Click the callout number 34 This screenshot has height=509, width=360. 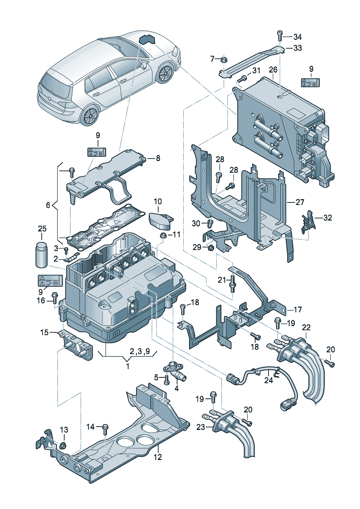pyautogui.click(x=298, y=37)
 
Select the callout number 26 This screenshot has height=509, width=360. pyautogui.click(x=273, y=70)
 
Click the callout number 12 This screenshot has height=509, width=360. pyautogui.click(x=157, y=457)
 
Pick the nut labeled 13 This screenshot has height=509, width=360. pyautogui.click(x=63, y=445)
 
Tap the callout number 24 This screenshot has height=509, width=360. pyautogui.click(x=268, y=380)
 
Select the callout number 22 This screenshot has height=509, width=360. pyautogui.click(x=306, y=327)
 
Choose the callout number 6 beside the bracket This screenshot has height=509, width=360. pyautogui.click(x=48, y=205)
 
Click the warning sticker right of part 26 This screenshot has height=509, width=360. pyautogui.click(x=311, y=83)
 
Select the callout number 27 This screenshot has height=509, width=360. pyautogui.click(x=300, y=202)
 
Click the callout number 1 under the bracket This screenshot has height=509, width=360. pyautogui.click(x=127, y=366)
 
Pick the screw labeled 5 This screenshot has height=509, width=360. pyautogui.click(x=167, y=379)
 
